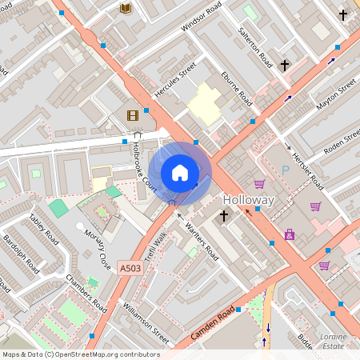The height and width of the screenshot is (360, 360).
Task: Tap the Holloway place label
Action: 249,200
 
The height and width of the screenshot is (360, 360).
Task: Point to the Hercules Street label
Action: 175,82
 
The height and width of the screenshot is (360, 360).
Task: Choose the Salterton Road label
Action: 256,47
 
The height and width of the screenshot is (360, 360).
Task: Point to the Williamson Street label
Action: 145,318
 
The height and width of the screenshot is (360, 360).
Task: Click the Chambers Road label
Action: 86,294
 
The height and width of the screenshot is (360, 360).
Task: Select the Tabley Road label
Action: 43,229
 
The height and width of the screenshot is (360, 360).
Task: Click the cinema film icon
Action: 132,115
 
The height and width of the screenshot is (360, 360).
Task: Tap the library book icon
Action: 125,8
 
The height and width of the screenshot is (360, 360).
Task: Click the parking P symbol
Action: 286,170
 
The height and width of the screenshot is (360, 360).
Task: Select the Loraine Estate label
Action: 333,342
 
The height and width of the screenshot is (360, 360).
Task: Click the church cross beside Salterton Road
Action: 284,64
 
